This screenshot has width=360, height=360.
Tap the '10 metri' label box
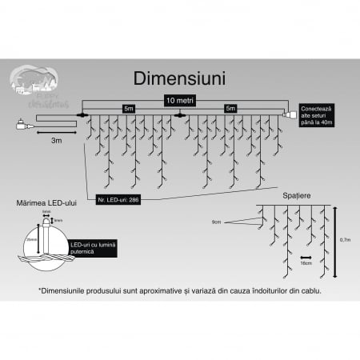180,101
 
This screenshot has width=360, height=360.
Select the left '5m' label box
128,108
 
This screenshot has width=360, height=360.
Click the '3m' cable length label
57,140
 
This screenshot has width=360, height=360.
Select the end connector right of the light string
289,115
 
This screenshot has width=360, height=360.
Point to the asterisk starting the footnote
40,290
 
